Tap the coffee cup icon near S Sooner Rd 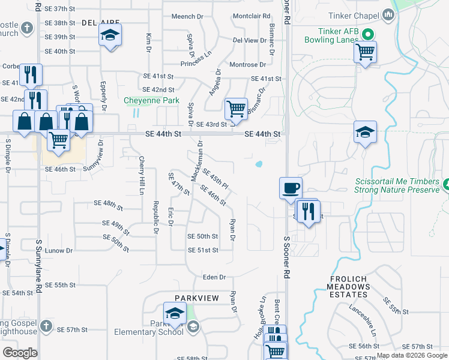coord(291,188)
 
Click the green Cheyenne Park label coord(151,101)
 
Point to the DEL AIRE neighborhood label coord(97,22)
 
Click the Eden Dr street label coord(214,277)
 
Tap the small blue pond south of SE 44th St coord(259,163)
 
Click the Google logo coord(20,352)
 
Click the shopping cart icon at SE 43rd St coord(236,110)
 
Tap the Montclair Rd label coord(251,16)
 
